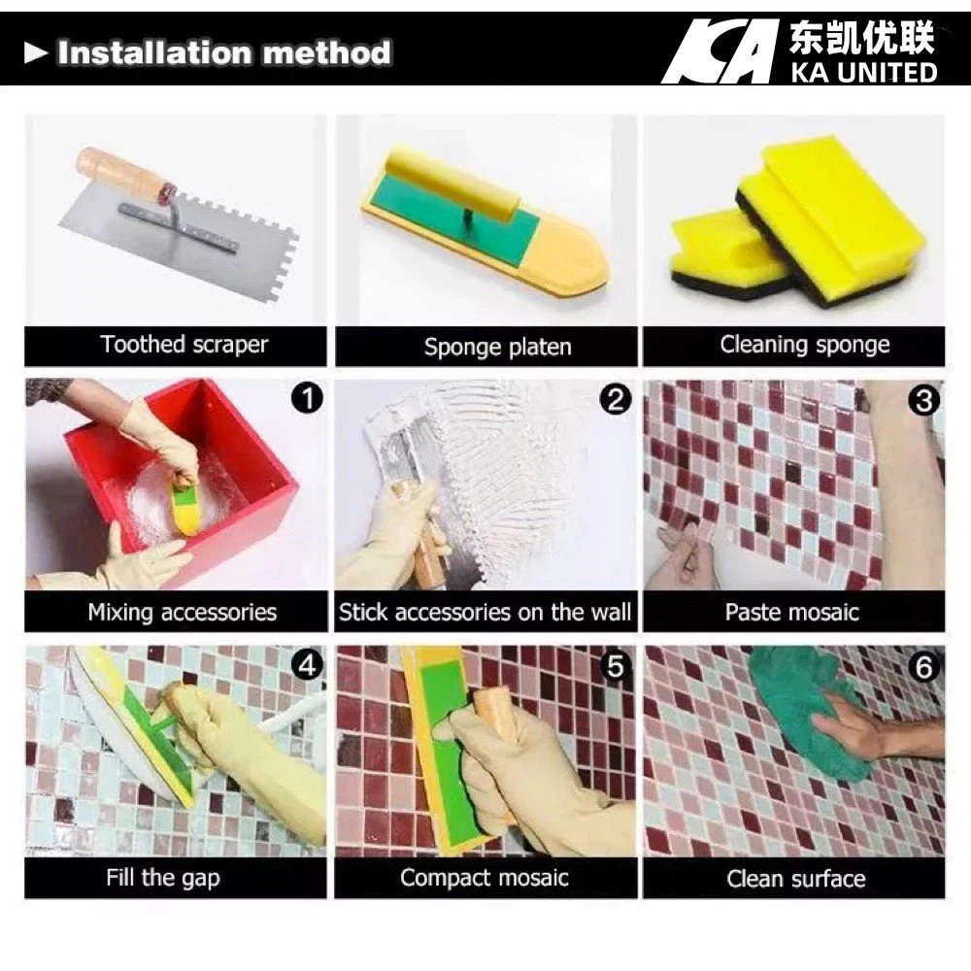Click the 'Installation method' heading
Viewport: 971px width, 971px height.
[223, 52]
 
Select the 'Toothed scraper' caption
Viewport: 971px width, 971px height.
[184, 345]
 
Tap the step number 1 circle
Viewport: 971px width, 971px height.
[307, 398]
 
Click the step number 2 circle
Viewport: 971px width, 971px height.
[616, 399]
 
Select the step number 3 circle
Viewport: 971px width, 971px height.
[924, 399]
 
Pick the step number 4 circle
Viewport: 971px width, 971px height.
[307, 665]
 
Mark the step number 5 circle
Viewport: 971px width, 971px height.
[616, 666]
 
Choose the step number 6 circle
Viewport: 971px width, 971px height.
[924, 666]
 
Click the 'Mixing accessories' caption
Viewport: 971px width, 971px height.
[183, 613]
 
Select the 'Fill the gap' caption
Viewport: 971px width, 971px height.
[163, 879]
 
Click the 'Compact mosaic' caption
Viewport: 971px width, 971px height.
[485, 879]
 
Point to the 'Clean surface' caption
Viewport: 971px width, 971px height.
[795, 880]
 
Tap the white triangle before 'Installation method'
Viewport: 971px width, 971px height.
[36, 53]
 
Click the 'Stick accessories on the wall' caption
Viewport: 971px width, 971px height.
[485, 613]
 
